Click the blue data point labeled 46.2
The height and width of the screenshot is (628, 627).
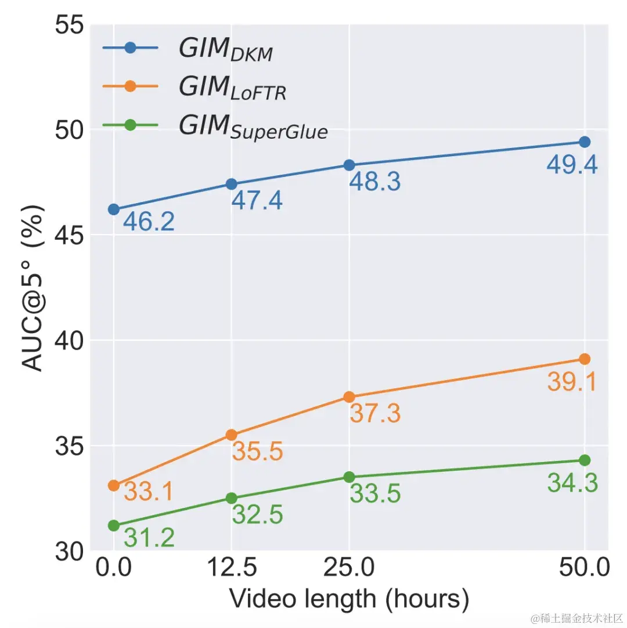(114, 209)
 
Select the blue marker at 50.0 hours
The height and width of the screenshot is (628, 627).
(585, 142)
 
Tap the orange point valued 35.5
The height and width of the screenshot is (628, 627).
(231, 435)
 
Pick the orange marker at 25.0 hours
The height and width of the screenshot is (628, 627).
(349, 397)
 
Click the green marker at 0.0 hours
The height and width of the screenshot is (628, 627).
(114, 525)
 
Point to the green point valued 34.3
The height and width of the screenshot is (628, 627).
(585, 460)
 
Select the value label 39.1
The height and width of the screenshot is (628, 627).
(572, 382)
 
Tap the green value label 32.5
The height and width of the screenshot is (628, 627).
(257, 515)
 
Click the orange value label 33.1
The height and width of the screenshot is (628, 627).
(149, 493)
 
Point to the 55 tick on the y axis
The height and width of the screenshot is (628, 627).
(69, 25)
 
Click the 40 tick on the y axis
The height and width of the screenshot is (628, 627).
(69, 340)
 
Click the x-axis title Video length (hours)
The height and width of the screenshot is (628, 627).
(349, 598)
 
